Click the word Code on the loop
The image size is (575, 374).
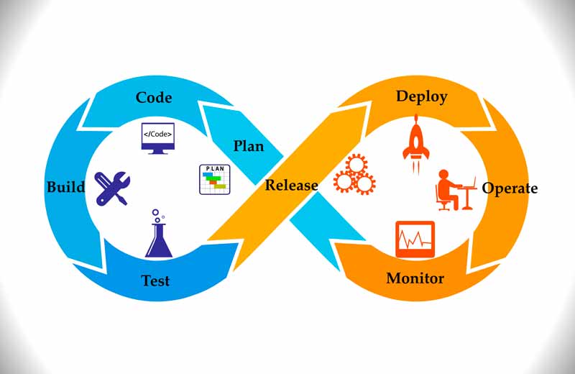click(154, 97)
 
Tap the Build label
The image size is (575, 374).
click(65, 188)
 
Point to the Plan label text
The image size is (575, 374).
click(248, 146)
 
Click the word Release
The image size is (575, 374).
click(291, 185)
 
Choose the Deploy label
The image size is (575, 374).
click(421, 96)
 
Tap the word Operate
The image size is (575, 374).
click(510, 188)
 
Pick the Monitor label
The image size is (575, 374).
click(415, 278)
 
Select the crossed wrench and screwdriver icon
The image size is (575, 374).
click(111, 187)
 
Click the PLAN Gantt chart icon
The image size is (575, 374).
click(213, 179)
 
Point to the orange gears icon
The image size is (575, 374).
click(354, 175)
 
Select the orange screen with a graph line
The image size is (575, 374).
click(415, 239)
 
